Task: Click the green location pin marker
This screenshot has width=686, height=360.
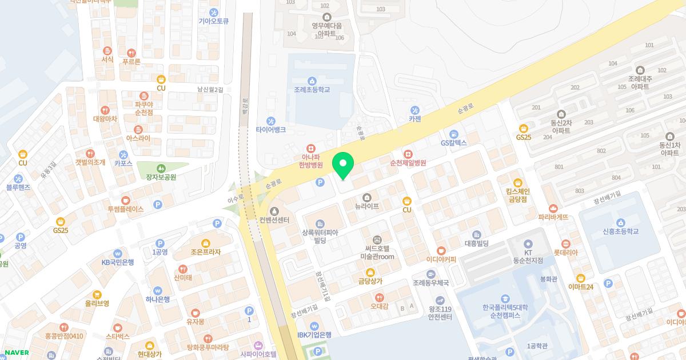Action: click(343, 166)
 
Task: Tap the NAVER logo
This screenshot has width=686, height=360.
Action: click(17, 353)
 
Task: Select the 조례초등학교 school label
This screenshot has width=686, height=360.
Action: click(312, 90)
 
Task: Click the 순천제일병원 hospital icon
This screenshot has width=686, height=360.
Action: click(408, 153)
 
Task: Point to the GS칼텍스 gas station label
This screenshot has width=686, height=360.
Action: click(454, 142)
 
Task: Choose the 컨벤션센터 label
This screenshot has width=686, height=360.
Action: click(274, 220)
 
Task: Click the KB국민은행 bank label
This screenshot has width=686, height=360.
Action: click(118, 262)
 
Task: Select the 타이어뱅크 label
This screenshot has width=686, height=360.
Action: click(271, 130)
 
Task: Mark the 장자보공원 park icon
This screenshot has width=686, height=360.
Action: click(161, 168)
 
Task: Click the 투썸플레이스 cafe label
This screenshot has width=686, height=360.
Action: click(126, 209)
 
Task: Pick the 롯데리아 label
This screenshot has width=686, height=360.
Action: click(566, 253)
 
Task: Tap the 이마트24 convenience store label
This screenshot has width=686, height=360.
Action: click(581, 286)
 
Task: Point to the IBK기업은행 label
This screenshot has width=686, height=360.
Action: click(314, 335)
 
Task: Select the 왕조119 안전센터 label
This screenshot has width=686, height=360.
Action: click(440, 313)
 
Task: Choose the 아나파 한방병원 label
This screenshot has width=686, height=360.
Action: click(311, 160)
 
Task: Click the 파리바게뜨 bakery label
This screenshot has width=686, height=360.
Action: click(553, 217)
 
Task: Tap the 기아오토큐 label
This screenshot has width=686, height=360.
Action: click(214, 21)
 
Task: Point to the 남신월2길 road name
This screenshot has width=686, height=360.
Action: click(210, 90)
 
